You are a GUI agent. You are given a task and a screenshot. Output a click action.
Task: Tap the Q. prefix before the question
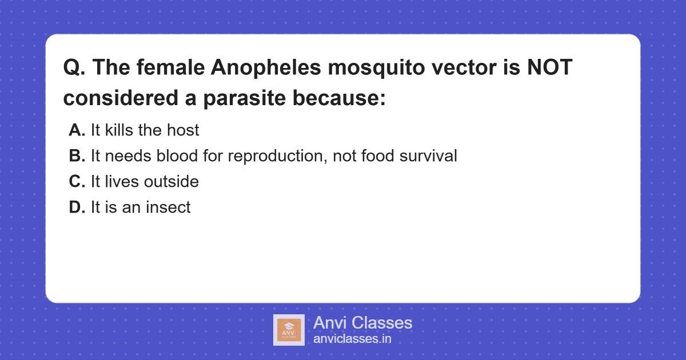pos(74,68)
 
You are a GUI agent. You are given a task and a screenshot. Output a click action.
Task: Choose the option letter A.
pos(77,130)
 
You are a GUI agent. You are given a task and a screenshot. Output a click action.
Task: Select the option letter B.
pos(77,156)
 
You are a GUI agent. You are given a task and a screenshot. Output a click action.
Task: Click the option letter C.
pos(77,182)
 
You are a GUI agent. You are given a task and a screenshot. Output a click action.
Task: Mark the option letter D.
pos(77,207)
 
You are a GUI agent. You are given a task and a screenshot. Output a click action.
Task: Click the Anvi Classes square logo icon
pos(289,330)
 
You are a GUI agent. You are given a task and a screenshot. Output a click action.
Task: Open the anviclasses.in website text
pos(352,339)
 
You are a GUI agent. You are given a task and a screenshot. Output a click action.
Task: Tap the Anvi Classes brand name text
pos(362,322)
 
